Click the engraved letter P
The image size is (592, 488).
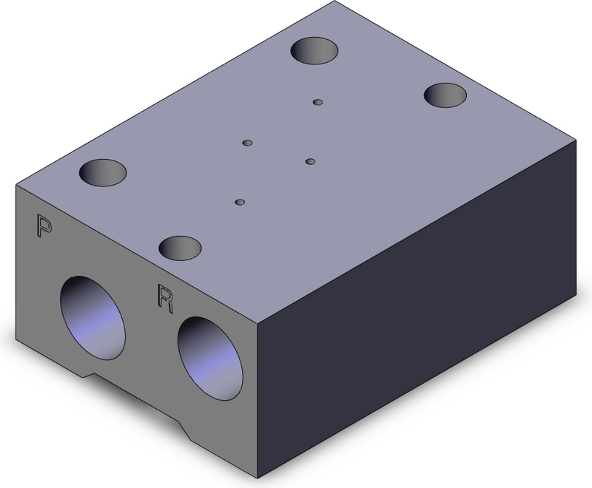(44, 226)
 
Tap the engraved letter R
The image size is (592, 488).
(165, 299)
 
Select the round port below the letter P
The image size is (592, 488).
(92, 317)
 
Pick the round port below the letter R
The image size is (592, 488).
(210, 359)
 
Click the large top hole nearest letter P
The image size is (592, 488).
(103, 172)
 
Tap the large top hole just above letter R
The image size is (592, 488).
(180, 248)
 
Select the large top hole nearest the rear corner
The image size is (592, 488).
(314, 50)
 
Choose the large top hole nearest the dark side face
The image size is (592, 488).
(445, 95)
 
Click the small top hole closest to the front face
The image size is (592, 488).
(240, 202)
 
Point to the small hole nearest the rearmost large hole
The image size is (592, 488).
(318, 102)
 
